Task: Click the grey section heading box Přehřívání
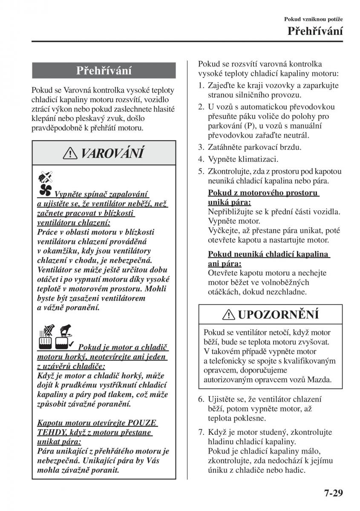pyautogui.click(x=104, y=70)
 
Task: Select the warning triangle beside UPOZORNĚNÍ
pyautogui.click(x=230, y=315)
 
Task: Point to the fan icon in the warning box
pyautogui.click(x=45, y=190)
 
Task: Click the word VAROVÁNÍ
pyautogui.click(x=112, y=152)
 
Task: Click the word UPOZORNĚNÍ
pyautogui.click(x=278, y=315)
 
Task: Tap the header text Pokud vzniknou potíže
pyautogui.click(x=314, y=19)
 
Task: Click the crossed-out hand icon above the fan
pyautogui.click(x=44, y=176)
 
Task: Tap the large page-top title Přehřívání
pyautogui.click(x=315, y=31)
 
